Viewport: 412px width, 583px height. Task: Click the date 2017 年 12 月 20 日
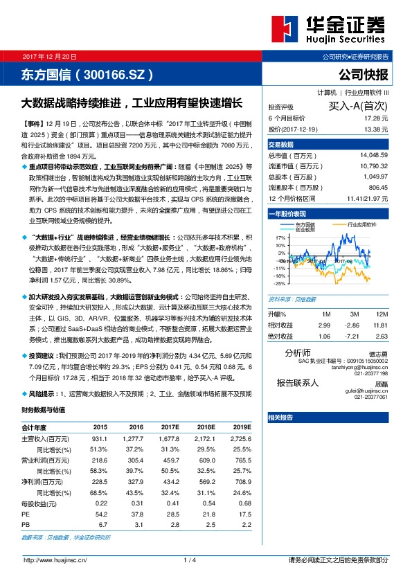pyautogui.click(x=51, y=56)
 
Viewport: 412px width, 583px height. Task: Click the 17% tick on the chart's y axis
pyautogui.click(x=280, y=237)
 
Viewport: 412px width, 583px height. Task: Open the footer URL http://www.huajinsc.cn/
pyautogui.click(x=55, y=559)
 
